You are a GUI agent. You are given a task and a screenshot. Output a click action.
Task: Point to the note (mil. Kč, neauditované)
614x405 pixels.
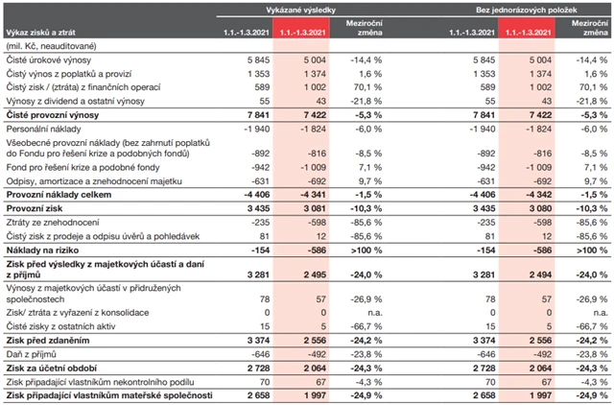53,46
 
